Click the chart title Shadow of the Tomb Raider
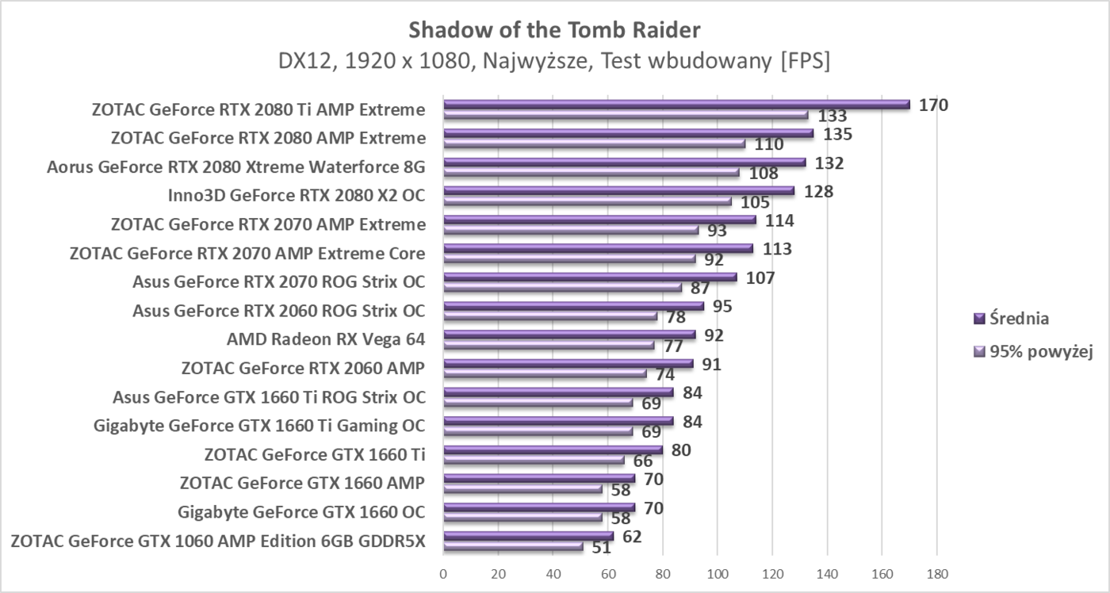[555, 30]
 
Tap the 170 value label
[933, 105]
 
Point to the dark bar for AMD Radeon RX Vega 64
[569, 335]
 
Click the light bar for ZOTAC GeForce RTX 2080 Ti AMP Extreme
[626, 115]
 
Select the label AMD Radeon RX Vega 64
[326, 339]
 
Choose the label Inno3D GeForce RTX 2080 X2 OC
[297, 196]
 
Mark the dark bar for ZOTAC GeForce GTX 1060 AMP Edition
[528, 536]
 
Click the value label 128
[818, 191]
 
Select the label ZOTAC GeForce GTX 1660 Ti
[314, 454]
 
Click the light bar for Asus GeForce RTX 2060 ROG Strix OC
[550, 316]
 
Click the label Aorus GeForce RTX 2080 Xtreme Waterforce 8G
[236, 167]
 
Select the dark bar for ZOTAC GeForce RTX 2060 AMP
[568, 363]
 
